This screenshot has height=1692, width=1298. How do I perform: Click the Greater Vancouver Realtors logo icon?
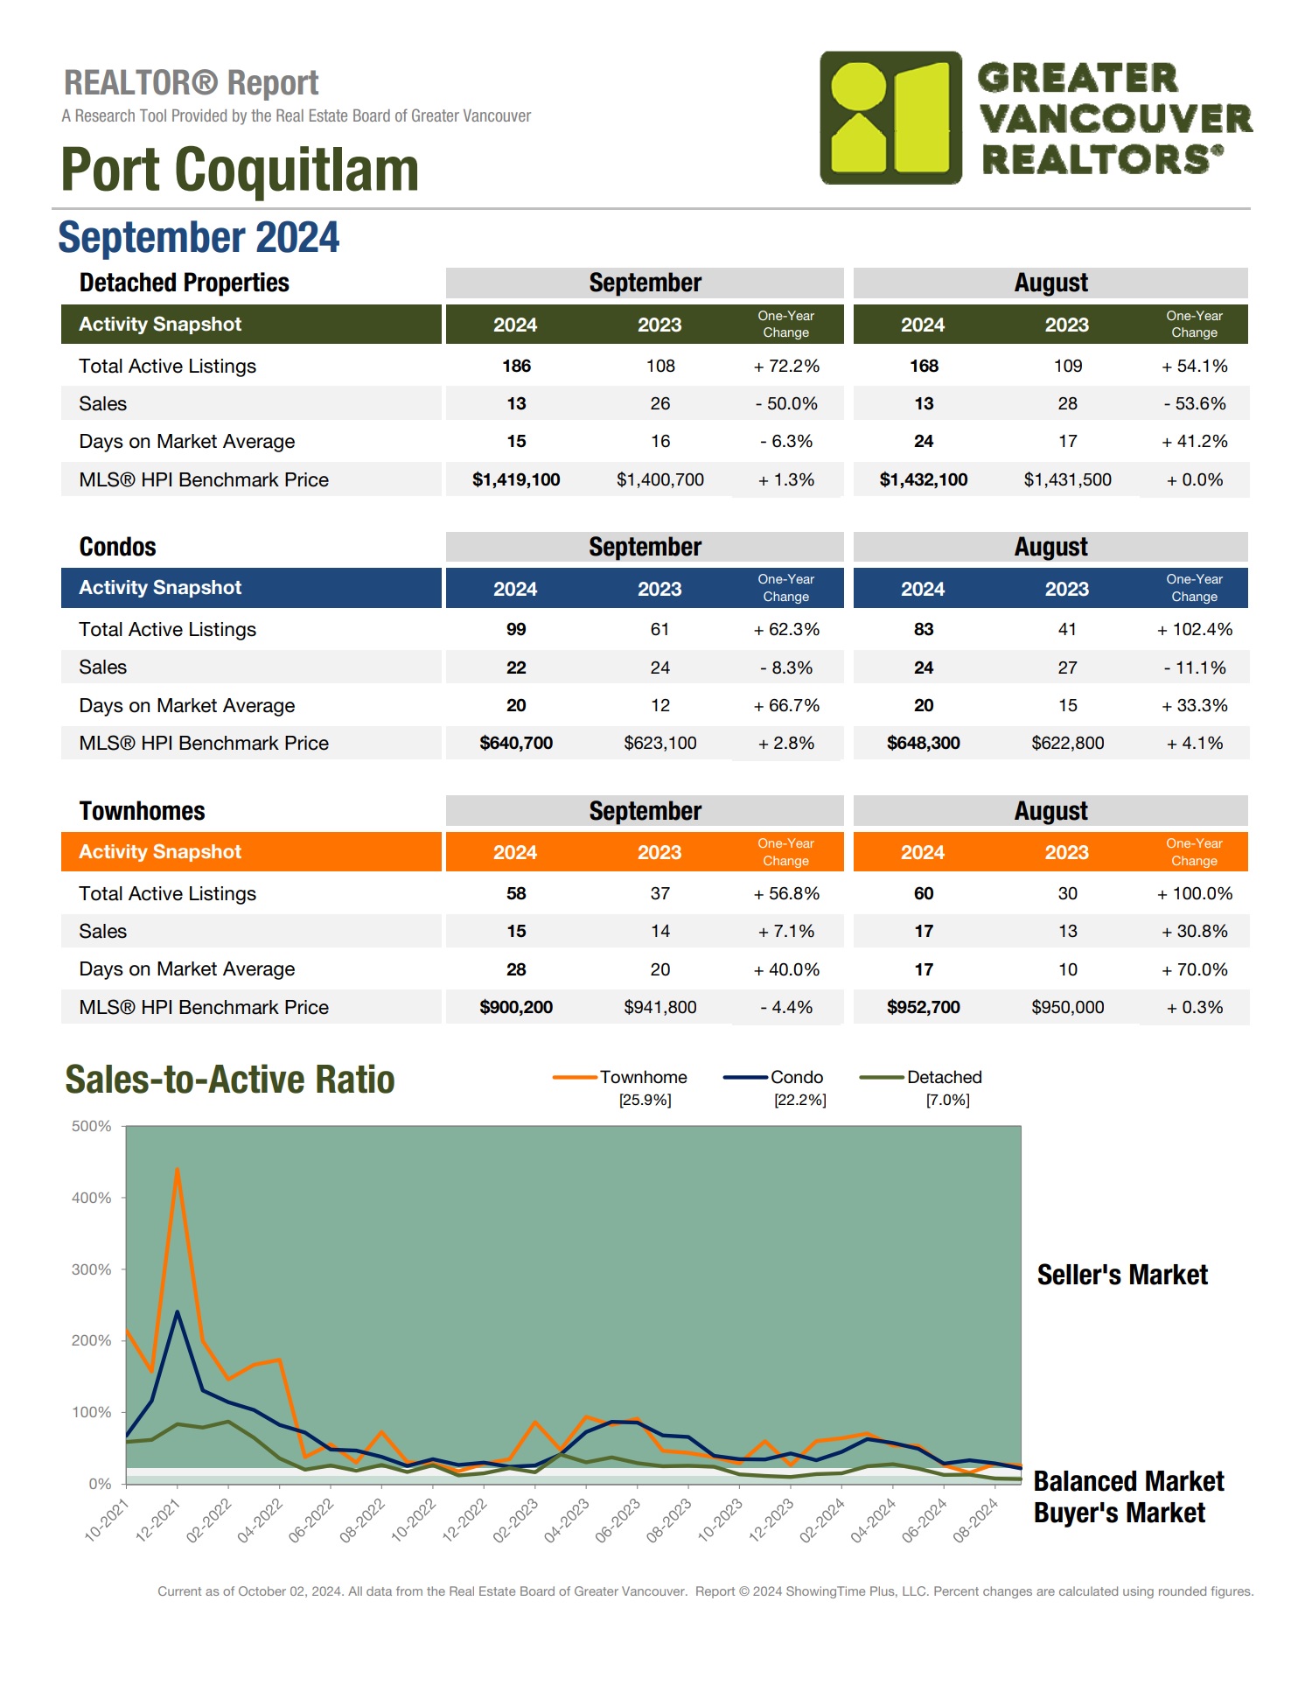point(890,117)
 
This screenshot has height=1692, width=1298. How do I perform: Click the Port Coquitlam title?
point(240,170)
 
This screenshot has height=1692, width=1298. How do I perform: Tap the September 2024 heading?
point(199,238)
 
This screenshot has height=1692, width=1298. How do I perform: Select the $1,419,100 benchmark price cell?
point(516,479)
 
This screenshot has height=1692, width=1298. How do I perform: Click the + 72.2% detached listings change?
point(785,366)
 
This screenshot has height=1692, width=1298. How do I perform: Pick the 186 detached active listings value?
point(516,366)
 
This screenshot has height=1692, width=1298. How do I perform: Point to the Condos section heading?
point(117,547)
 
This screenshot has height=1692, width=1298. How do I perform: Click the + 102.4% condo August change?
point(1194,629)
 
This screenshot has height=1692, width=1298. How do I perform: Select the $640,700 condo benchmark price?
point(516,743)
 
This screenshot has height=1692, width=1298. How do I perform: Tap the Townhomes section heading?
point(142,811)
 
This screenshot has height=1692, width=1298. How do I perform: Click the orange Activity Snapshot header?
point(160,851)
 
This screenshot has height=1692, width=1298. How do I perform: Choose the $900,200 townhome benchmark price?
point(516,1007)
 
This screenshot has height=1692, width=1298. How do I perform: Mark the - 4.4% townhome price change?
point(785,1007)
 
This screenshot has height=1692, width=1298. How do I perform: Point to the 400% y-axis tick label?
point(92,1198)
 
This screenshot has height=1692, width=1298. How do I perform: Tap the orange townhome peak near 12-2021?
point(178,1170)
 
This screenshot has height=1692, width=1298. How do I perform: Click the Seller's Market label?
point(1121,1275)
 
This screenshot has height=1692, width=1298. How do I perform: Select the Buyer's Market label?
point(1119,1513)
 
